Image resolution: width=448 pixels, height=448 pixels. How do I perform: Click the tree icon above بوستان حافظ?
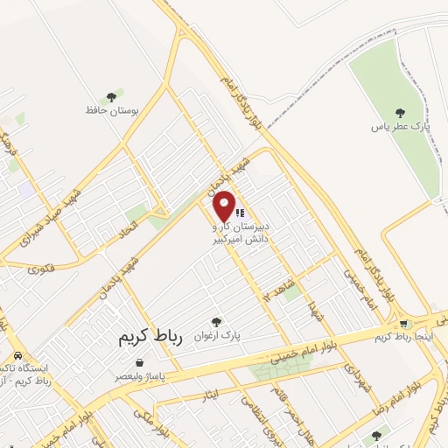(111, 96)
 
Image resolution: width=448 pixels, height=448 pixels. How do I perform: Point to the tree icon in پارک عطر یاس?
(400, 112)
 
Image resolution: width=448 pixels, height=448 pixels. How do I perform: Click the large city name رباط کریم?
(142, 338)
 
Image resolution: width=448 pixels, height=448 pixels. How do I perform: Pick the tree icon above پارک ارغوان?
(216, 322)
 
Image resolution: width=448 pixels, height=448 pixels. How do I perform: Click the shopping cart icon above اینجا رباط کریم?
(403, 324)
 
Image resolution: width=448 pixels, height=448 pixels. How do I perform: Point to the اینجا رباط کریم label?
(402, 337)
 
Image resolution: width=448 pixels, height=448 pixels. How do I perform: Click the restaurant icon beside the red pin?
(240, 211)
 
